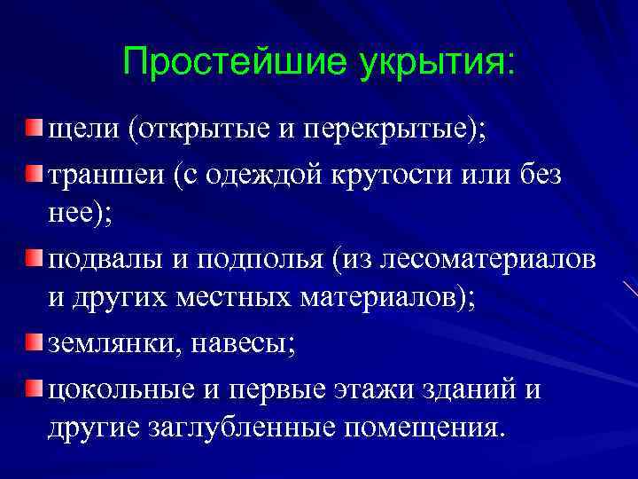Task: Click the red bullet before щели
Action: [33, 130]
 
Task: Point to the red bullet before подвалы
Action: [33, 258]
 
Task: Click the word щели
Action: [83, 132]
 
